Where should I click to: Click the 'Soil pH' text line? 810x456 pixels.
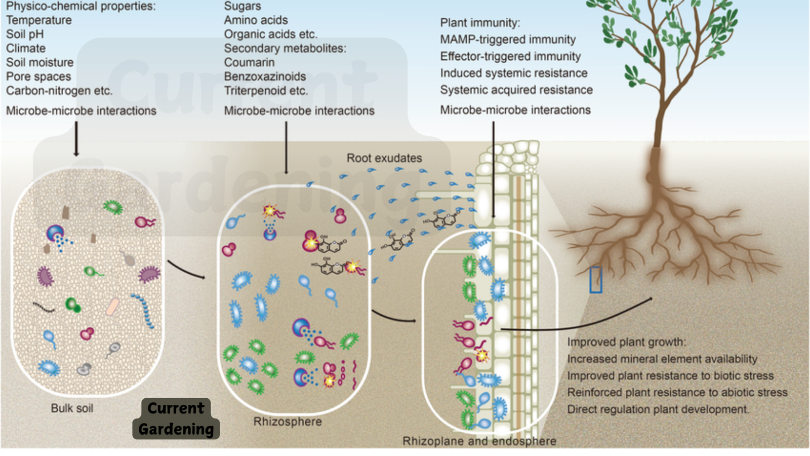[25, 34]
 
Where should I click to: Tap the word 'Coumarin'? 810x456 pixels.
[249, 62]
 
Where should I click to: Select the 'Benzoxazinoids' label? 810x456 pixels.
[265, 77]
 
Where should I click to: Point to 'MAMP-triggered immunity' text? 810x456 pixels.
[508, 40]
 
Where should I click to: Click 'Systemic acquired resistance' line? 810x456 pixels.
[516, 90]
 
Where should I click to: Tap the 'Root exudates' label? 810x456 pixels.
[384, 158]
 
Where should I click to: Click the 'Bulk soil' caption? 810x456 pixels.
[72, 408]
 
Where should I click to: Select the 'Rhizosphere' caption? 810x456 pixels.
[288, 422]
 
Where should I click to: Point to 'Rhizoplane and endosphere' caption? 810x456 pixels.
[479, 441]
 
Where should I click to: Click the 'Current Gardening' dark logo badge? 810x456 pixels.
[176, 419]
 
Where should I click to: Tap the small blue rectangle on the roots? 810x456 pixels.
[596, 280]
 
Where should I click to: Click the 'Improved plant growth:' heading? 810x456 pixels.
[626, 342]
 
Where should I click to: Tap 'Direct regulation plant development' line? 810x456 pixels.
[657, 409]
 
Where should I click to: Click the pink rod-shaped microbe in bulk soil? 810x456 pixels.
[112, 307]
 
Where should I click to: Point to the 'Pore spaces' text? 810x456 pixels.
[38, 77]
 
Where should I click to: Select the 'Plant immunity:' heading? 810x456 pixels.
[480, 23]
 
